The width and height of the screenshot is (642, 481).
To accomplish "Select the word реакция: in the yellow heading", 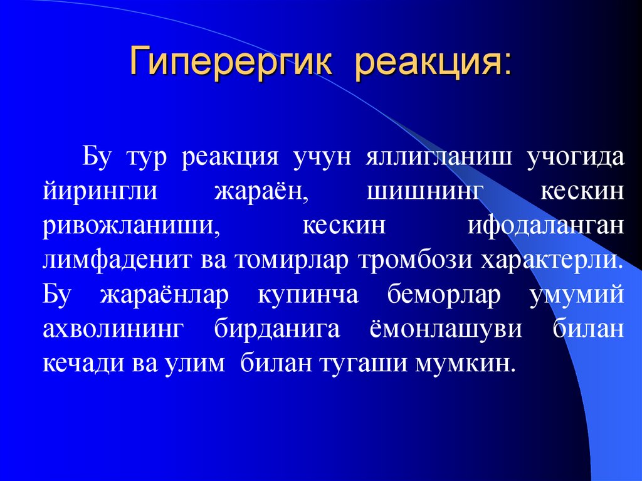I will pyautogui.click(x=433, y=64).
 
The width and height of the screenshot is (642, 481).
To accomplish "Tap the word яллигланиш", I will pyautogui.click(x=439, y=156).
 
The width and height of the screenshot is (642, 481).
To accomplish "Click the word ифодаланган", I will pyautogui.click(x=545, y=225).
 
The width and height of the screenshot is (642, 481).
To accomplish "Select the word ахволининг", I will pyautogui.click(x=112, y=329).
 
